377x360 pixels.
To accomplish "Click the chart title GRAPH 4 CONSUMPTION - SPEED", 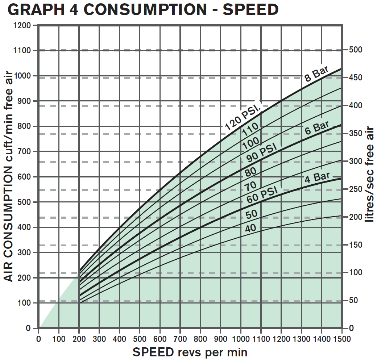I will (x=143, y=10).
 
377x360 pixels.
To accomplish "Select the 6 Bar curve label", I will (x=317, y=128).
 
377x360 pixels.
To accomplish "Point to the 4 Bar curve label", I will (x=317, y=177).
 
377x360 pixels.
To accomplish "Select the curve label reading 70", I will (x=250, y=187).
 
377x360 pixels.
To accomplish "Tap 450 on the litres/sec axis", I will (x=355, y=78).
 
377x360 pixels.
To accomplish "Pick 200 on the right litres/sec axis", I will (x=355, y=217).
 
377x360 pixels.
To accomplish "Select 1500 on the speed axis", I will (x=341, y=339).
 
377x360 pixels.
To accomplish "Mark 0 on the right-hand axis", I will (x=351, y=328).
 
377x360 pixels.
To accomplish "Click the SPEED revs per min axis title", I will (x=190, y=352).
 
